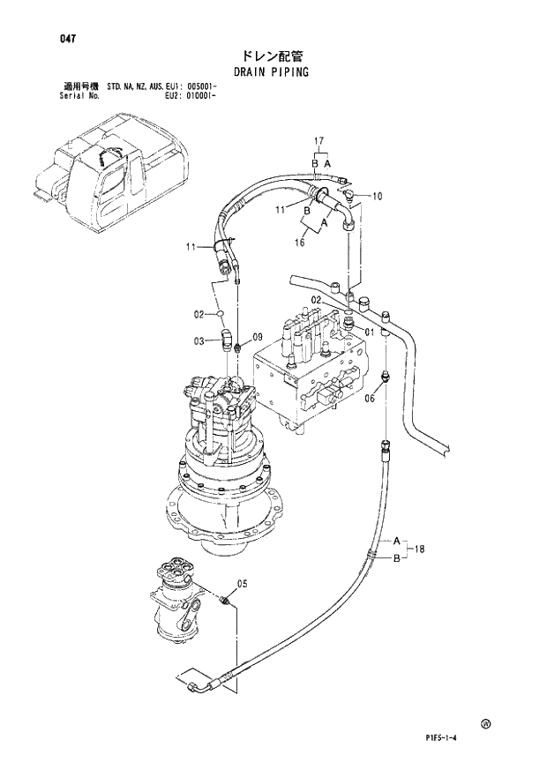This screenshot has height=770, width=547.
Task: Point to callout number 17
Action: [319, 141]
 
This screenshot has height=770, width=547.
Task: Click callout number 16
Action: [300, 243]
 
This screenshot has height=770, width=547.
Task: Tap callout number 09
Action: [258, 337]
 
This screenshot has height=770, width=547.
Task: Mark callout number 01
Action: [370, 333]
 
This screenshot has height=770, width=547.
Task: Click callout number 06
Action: [370, 399]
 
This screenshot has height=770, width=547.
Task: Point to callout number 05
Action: [243, 583]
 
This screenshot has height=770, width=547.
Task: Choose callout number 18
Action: [420, 549]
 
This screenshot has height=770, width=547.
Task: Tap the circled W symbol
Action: [485, 723]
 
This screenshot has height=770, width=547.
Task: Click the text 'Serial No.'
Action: [80, 96]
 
